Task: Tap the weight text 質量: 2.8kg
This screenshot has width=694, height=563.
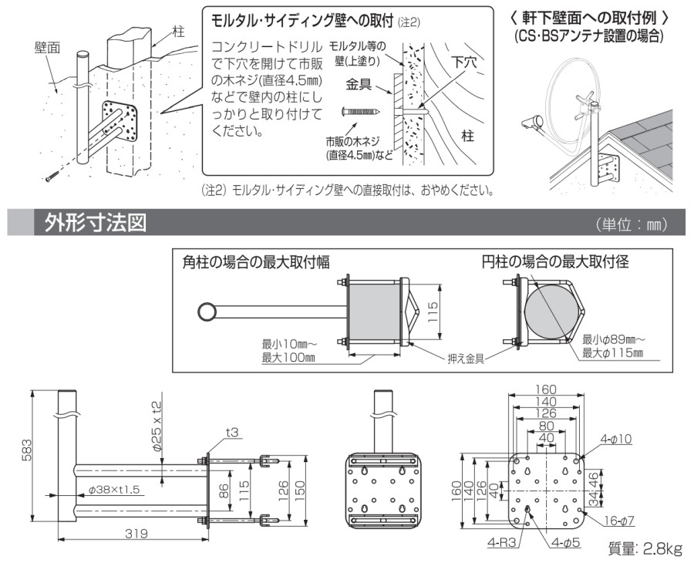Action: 645,548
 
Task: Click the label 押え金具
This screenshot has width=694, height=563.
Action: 466,358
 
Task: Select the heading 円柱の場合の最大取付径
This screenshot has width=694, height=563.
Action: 555,262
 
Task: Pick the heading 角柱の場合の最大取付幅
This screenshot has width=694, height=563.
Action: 257,262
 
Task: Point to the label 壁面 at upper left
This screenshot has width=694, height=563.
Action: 48,48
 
